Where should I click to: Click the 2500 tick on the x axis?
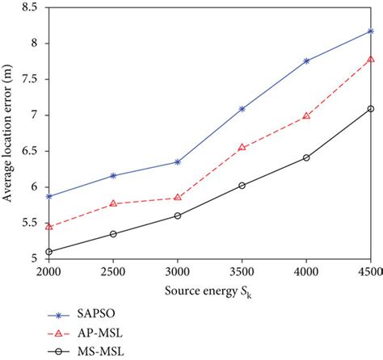coord(113,270)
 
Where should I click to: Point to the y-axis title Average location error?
coord(10,133)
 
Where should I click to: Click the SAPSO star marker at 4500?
coord(371,31)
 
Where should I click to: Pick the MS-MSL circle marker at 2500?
coord(113,234)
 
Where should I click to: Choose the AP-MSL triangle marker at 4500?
coord(371,60)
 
